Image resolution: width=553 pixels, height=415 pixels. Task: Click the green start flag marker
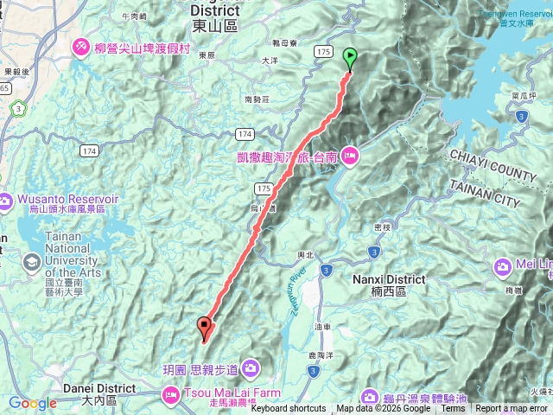pyautogui.click(x=350, y=59)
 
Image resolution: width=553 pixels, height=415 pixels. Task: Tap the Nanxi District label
pyautogui.click(x=389, y=279)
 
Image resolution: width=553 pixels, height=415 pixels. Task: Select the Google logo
pyautogui.click(x=33, y=403)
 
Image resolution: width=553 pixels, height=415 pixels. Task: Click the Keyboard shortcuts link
pyautogui.click(x=289, y=409)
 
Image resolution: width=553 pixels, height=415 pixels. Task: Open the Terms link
pyautogui.click(x=453, y=409)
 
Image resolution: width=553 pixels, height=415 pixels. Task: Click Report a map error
pyautogui.click(x=512, y=409)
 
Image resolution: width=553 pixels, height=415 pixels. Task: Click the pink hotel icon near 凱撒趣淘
pyautogui.click(x=351, y=156)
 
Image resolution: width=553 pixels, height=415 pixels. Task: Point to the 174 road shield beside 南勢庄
pyautogui.click(x=243, y=133)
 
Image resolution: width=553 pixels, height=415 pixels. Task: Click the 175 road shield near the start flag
pyautogui.click(x=324, y=53)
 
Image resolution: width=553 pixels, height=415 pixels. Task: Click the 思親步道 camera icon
pyautogui.click(x=251, y=369)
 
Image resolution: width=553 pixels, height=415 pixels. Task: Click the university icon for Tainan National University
pyautogui.click(x=31, y=261)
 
